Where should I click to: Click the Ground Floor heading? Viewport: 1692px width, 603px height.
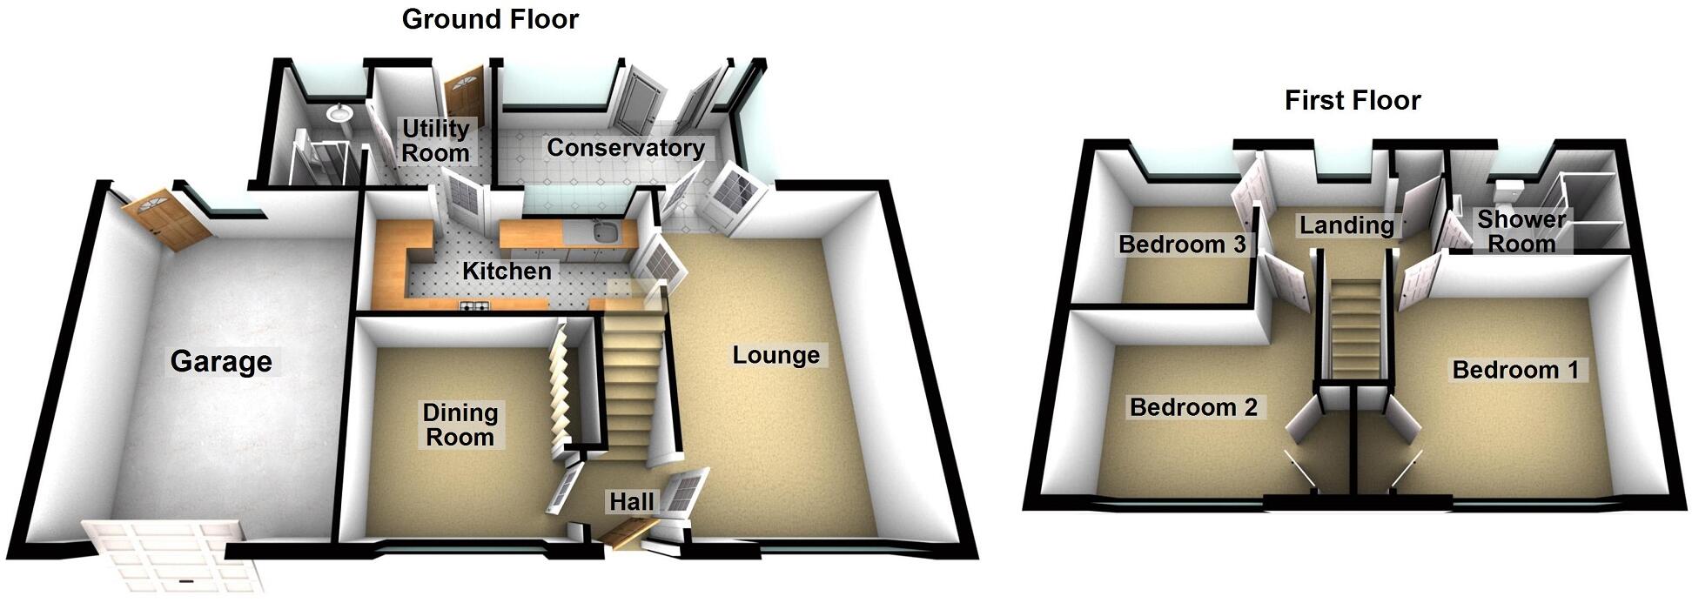click(490, 19)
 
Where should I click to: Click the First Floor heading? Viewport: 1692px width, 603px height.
click(1353, 100)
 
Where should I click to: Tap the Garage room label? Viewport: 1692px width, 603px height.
click(221, 361)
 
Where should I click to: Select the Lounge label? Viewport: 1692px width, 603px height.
click(775, 355)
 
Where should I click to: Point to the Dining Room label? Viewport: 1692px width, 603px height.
click(460, 425)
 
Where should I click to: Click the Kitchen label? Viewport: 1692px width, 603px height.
click(507, 271)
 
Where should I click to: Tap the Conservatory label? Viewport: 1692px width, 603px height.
click(625, 148)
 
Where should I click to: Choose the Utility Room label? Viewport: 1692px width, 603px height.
click(435, 141)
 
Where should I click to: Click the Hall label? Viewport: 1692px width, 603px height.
click(631, 502)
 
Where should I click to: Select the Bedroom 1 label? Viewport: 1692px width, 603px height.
click(1515, 370)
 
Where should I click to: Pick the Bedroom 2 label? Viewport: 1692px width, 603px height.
click(1193, 406)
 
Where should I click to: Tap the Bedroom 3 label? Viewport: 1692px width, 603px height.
click(1182, 245)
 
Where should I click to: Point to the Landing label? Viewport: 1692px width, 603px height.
click(1346, 225)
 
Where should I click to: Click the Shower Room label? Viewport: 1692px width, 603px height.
click(1521, 231)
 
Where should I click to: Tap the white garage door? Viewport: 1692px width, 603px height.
click(174, 554)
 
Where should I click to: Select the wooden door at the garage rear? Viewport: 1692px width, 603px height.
click(166, 218)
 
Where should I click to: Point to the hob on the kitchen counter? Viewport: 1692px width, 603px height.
click(477, 305)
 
